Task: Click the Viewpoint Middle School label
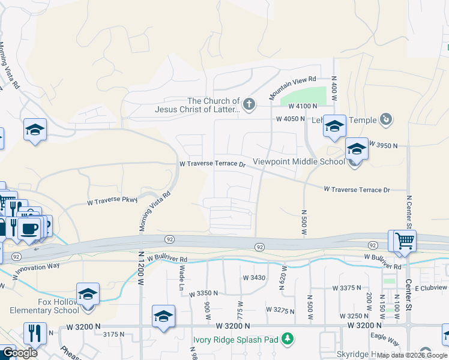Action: click(x=299, y=161)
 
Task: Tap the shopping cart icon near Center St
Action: click(x=405, y=241)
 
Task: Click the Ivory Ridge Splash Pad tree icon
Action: click(x=288, y=339)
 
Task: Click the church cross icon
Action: click(x=249, y=105)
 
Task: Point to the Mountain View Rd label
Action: click(x=292, y=88)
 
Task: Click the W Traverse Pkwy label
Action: click(x=113, y=202)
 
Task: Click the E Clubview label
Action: click(x=431, y=288)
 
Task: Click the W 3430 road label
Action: click(x=253, y=278)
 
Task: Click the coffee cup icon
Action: click(x=29, y=229)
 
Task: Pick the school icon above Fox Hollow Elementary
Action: click(x=88, y=293)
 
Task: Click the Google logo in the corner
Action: click(x=20, y=352)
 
